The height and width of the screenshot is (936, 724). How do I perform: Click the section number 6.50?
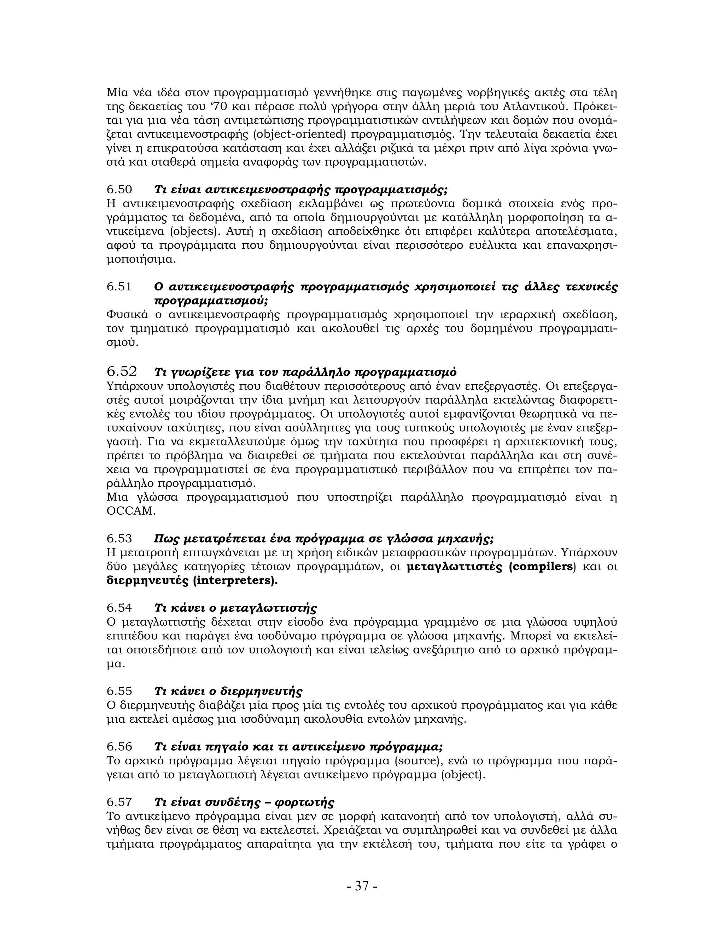119,189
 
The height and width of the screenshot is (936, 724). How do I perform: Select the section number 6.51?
119,287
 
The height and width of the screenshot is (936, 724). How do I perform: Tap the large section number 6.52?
122,371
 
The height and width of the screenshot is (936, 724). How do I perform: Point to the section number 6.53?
119,539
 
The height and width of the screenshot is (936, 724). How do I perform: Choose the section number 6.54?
119,608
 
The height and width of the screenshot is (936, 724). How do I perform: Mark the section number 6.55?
119,692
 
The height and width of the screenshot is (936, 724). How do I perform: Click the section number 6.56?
119,747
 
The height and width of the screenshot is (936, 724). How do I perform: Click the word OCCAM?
130,511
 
